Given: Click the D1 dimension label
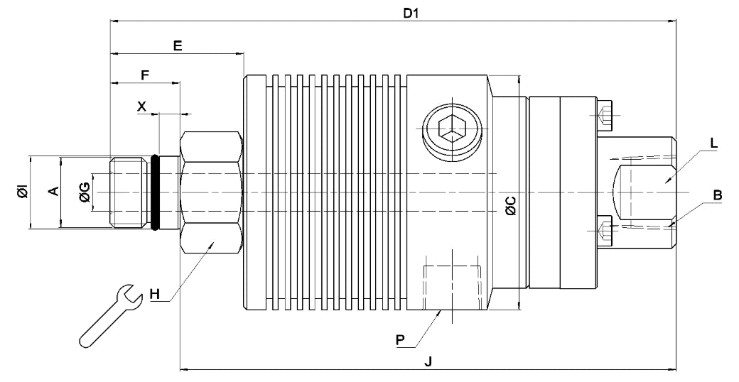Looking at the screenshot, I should tap(410, 13).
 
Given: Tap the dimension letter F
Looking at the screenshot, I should tap(145, 74).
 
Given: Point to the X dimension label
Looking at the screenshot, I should tap(141, 106).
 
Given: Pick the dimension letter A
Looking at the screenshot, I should tap(50, 191).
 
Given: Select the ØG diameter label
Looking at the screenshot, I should tap(85, 192).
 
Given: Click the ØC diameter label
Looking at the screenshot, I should tap(509, 205).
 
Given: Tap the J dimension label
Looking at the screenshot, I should tap(428, 361).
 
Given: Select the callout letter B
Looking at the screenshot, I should tap(717, 195).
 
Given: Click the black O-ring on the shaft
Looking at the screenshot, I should tap(154, 192).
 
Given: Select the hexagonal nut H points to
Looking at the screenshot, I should tap(212, 192).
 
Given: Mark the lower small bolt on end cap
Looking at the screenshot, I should tap(605, 229).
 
